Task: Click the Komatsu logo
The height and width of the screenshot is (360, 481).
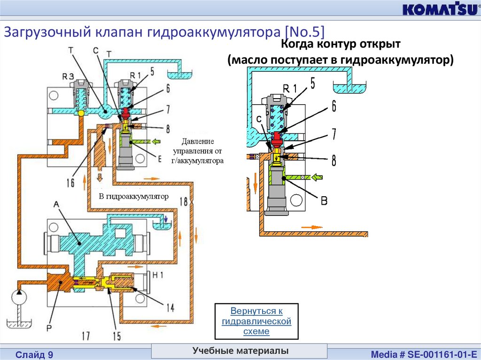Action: (438, 10)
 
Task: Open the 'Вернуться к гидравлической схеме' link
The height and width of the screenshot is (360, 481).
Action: (256, 321)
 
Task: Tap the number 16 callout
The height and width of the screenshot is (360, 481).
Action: (70, 183)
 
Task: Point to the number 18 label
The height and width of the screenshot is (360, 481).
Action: (184, 201)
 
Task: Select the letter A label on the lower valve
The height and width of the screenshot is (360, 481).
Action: (56, 205)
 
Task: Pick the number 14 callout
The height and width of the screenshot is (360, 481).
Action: (170, 307)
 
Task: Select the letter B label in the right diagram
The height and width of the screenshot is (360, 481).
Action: (324, 201)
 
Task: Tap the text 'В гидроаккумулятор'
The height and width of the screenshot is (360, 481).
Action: (133, 197)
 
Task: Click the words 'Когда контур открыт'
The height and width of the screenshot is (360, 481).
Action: (340, 45)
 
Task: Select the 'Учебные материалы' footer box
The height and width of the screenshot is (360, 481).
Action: (240, 351)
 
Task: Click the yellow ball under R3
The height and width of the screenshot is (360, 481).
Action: (81, 113)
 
